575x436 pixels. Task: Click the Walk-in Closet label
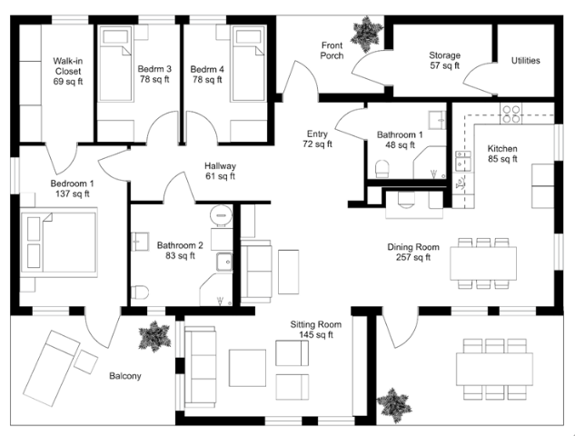pyautogui.click(x=68, y=71)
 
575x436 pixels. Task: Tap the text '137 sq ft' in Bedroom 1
pyautogui.click(x=73, y=193)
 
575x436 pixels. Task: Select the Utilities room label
pyautogui.click(x=526, y=61)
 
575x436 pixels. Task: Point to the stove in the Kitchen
pyautogui.click(x=511, y=114)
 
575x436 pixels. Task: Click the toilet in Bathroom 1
pyautogui.click(x=382, y=169)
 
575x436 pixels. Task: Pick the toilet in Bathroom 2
pyautogui.click(x=140, y=292)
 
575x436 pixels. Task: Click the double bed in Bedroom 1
pyautogui.click(x=59, y=242)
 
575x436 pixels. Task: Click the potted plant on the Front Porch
pyautogui.click(x=367, y=34)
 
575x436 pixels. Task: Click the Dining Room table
pyautogui.click(x=483, y=263)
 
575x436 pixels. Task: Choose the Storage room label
pyautogui.click(x=444, y=61)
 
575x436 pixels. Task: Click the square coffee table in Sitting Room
pyautogui.click(x=247, y=368)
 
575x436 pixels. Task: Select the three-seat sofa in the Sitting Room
pyautogui.click(x=200, y=367)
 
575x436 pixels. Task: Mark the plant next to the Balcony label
pyautogui.click(x=154, y=336)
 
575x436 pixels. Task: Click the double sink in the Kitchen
pyautogui.click(x=463, y=161)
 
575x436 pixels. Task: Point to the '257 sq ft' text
pyautogui.click(x=413, y=257)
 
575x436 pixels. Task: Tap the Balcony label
pyautogui.click(x=125, y=376)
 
